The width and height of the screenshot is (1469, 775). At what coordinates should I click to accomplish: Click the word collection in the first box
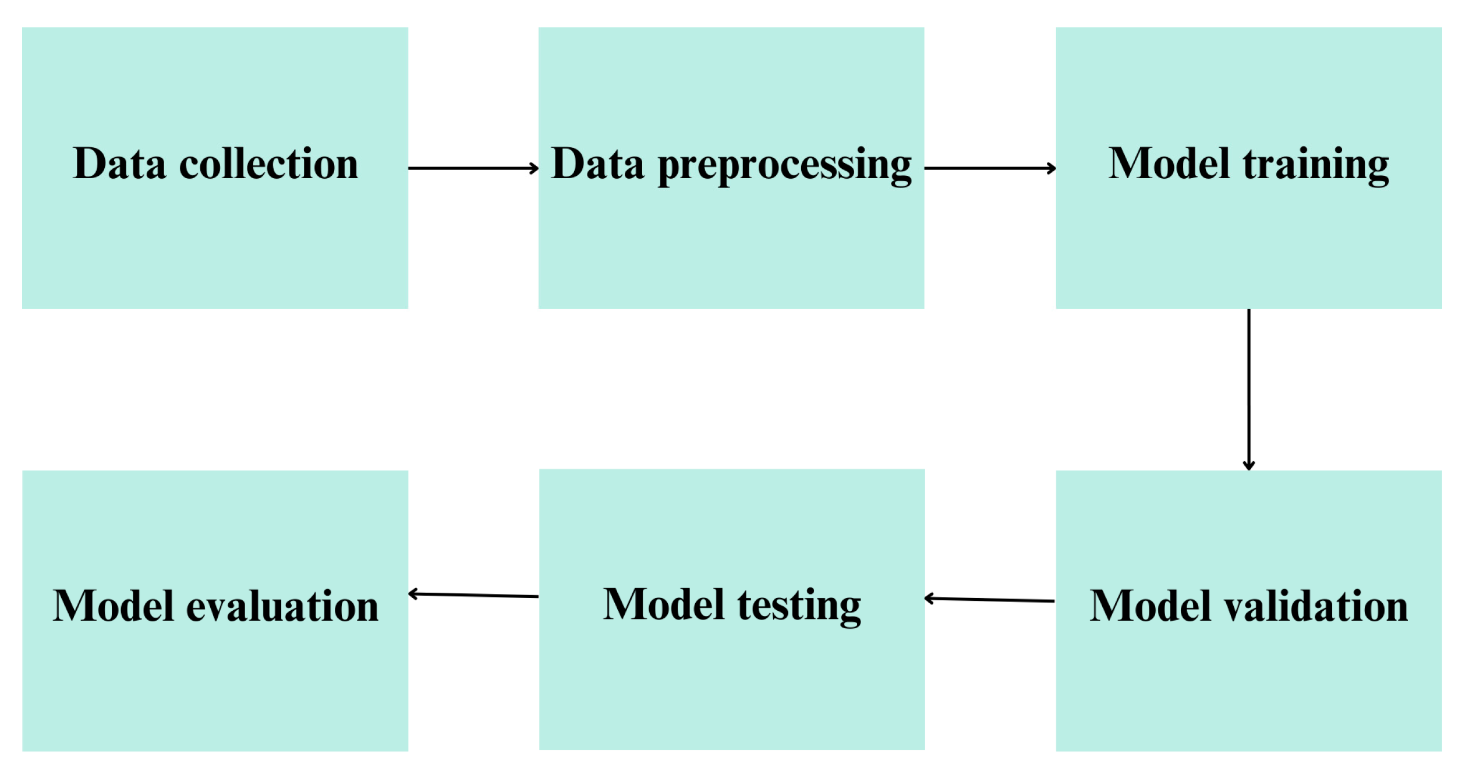click(268, 164)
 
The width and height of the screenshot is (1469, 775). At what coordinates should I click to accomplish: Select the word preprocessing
click(784, 166)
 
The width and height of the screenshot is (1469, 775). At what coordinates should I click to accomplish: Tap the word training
click(1316, 165)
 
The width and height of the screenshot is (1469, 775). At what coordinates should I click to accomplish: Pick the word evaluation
click(282, 606)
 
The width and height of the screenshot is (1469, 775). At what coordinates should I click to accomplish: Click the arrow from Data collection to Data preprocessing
click(473, 168)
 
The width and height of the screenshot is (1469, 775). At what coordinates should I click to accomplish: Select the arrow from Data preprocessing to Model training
click(989, 168)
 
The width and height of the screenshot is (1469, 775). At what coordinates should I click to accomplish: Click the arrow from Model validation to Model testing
click(989, 599)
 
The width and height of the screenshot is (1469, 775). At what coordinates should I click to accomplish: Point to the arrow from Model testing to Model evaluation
click(473, 595)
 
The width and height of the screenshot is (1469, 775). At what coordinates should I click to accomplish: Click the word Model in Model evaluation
click(113, 606)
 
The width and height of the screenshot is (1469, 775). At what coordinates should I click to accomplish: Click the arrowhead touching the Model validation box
click(1248, 466)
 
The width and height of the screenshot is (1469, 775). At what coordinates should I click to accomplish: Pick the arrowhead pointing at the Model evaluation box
click(413, 594)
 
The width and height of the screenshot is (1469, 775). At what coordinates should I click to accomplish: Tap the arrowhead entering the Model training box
click(1052, 168)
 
